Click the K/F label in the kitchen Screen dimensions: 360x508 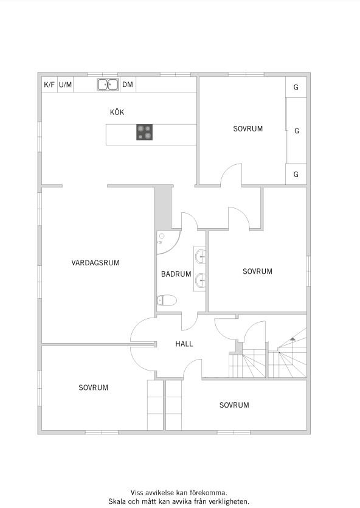pos(49,85)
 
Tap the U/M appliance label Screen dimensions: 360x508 pos(66,85)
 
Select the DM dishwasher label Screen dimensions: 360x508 pos(128,85)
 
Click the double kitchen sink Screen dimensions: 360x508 pos(108,85)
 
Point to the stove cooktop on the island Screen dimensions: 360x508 pos(144,132)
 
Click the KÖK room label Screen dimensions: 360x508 pos(117,112)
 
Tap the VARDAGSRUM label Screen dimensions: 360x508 pos(95,263)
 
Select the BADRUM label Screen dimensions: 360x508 pos(176,274)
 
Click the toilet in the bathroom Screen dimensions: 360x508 pos(167,301)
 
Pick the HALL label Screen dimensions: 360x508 pos(184,344)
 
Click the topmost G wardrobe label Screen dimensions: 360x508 pos(296,87)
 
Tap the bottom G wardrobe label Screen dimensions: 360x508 pos(296,174)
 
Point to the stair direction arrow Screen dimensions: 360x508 pos(292,338)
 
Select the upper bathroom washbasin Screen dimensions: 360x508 pos(201,257)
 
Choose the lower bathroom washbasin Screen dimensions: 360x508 pos(201,280)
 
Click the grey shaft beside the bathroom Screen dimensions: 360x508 pos(162,207)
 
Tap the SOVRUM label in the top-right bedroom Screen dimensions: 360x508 pos(248,128)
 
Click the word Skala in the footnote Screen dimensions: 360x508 pos(116,501)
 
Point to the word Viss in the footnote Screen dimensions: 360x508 pos(136,493)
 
